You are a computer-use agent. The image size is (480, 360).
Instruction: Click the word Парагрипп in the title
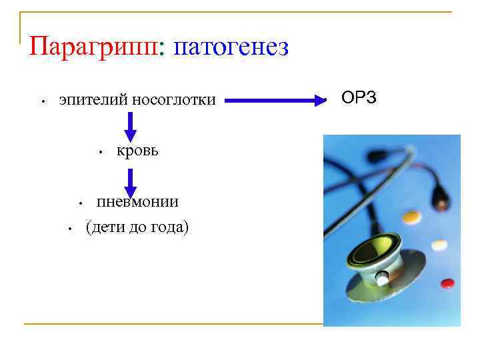coord(93,47)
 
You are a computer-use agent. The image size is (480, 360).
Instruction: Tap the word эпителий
coord(93,101)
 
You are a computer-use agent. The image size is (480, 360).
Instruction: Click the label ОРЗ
coord(359,98)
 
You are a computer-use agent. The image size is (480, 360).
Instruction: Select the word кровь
coord(137,151)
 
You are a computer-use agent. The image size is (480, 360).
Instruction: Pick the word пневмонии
coord(137,201)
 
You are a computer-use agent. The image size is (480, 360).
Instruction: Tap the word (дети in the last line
coord(106,227)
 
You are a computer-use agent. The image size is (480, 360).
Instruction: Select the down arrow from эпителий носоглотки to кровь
coord(131,125)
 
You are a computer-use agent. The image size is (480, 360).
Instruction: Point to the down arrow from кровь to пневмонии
coord(131,182)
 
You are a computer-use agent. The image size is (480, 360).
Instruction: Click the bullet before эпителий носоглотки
coord(42,103)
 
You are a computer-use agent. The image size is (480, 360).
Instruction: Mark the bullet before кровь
coord(99,153)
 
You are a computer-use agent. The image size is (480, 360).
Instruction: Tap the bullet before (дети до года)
coord(69,229)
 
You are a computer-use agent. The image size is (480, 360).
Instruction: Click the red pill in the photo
coord(447,283)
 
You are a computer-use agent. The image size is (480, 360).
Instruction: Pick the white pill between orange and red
coord(439,245)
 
